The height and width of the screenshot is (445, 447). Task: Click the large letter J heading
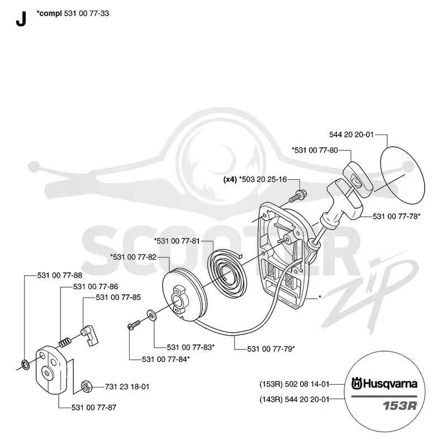coord(21,19)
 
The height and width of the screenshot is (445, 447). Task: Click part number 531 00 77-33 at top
coord(87,13)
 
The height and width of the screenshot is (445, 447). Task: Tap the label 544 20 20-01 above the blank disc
coord(351,135)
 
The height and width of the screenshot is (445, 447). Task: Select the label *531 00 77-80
coord(315,150)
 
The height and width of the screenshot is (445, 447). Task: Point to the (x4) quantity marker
coord(230,179)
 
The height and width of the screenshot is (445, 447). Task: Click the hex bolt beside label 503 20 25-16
coord(298,196)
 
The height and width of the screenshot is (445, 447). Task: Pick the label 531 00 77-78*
coord(397,216)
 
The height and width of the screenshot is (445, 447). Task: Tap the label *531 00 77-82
coord(134,257)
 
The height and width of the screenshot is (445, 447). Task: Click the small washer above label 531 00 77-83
coord(151,315)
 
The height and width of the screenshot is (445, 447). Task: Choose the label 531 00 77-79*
coord(271,349)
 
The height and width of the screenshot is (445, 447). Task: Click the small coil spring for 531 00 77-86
coord(65,342)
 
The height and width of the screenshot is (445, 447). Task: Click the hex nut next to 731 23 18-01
coord(87,386)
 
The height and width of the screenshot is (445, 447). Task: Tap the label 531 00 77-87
coord(94,408)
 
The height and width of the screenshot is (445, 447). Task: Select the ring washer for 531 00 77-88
coord(25,365)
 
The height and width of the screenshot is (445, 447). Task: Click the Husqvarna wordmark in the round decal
coord(384,384)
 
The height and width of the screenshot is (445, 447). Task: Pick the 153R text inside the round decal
coord(399,405)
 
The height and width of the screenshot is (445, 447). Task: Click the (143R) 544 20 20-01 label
coord(294,399)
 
